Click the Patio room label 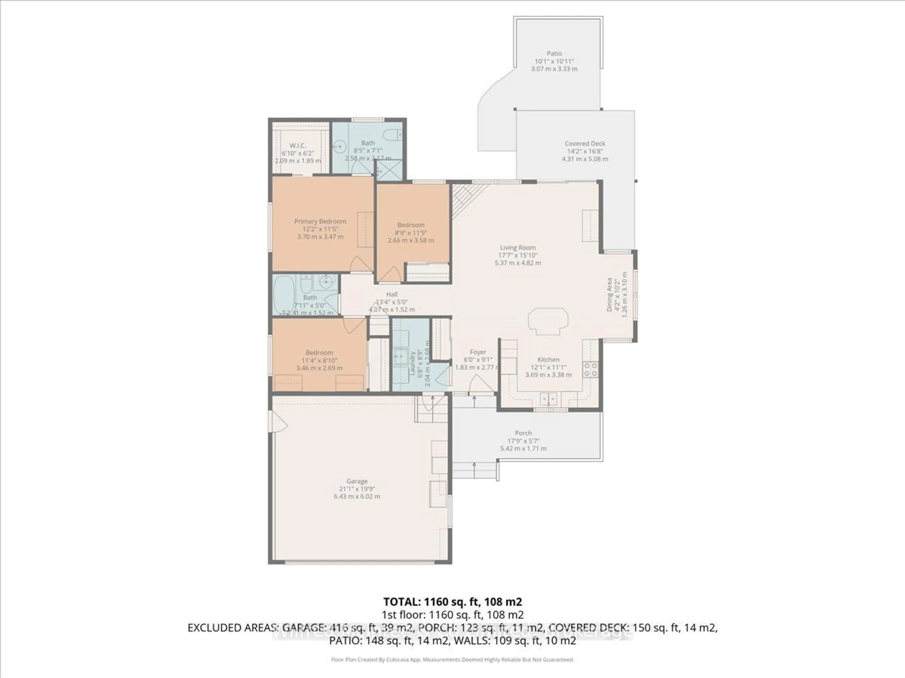[x=554, y=53]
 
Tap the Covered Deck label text [x=585, y=143]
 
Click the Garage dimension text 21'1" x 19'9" [x=357, y=489]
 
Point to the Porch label [x=523, y=433]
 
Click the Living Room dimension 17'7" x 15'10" [x=518, y=255]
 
